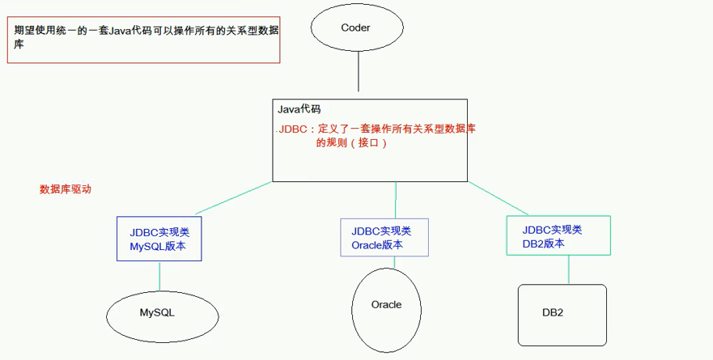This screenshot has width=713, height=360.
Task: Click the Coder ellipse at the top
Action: (x=357, y=28)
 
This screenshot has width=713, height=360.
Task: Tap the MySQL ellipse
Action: (x=157, y=312)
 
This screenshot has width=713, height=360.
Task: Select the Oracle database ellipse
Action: (x=386, y=305)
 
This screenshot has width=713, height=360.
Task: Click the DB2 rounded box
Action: (x=562, y=313)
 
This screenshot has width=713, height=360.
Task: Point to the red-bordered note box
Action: (x=143, y=38)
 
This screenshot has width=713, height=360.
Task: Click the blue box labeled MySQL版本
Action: (x=159, y=239)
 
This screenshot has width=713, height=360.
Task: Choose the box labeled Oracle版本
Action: (x=384, y=238)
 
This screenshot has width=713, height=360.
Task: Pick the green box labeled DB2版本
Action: (x=558, y=235)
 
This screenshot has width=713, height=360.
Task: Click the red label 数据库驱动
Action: (x=66, y=189)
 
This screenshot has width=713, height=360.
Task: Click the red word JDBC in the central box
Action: (x=293, y=129)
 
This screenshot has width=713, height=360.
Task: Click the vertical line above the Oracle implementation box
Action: (x=396, y=200)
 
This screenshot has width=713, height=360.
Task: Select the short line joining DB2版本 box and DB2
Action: (x=567, y=270)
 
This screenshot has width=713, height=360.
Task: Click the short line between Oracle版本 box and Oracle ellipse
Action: (x=394, y=263)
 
